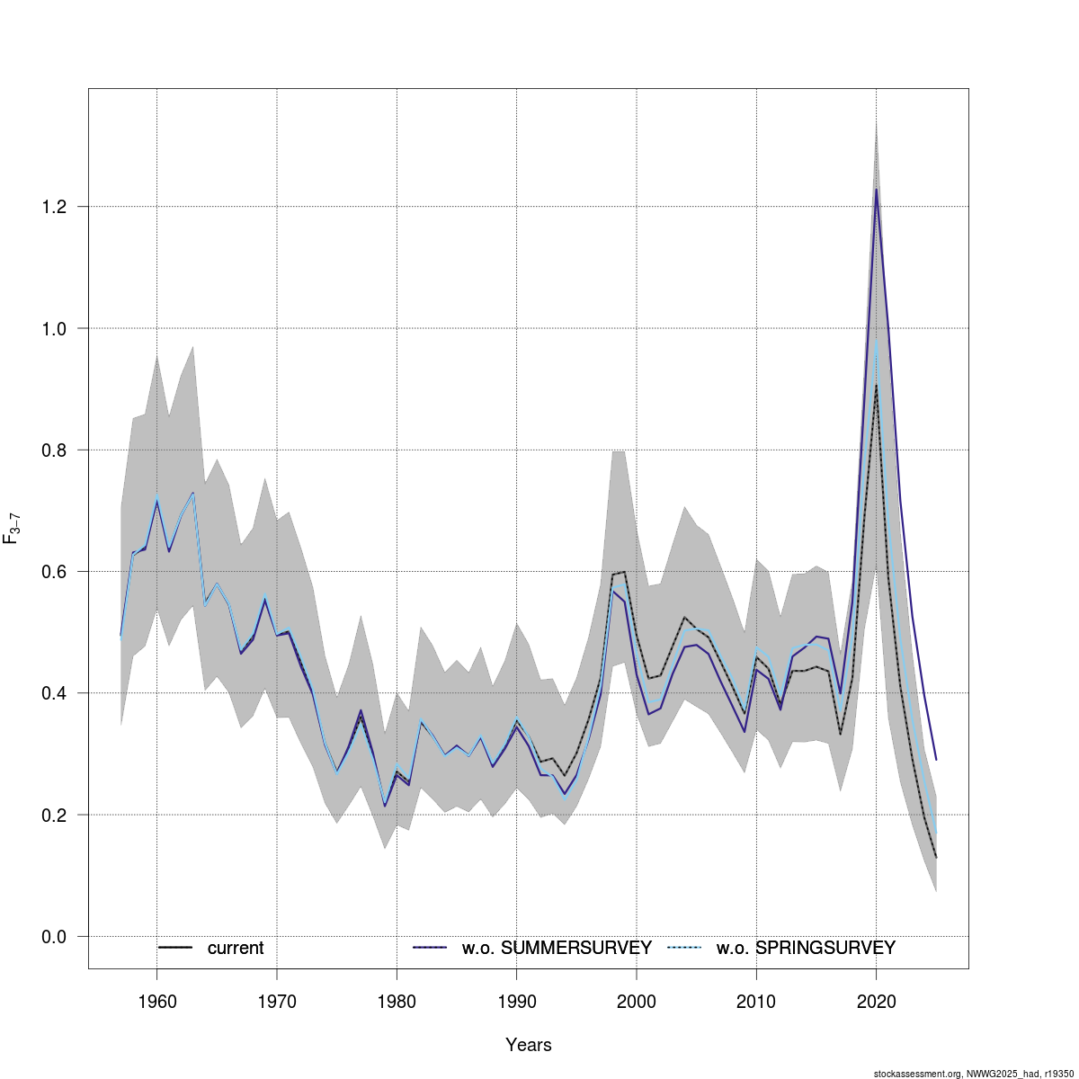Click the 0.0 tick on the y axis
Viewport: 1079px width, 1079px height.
55,937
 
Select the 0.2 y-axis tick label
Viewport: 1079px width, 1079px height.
55,816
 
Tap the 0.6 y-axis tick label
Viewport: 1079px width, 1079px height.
55,572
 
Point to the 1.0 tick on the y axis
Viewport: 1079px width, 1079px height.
55,329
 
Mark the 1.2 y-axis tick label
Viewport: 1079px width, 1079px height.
55,207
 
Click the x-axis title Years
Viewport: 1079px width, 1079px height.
528,1045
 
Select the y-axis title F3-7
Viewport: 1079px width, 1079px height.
13,529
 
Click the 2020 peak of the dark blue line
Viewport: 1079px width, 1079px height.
876,190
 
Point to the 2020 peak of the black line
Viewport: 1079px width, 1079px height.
876,386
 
